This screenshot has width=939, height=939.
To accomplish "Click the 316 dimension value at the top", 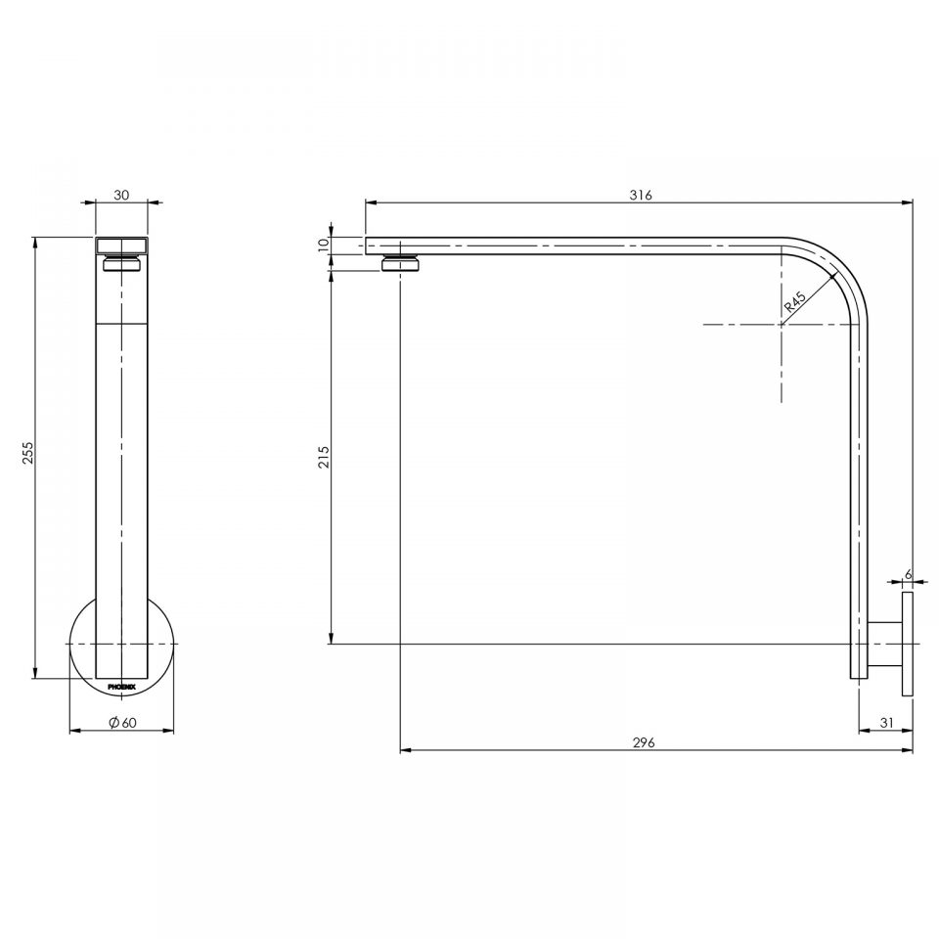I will [x=640, y=195].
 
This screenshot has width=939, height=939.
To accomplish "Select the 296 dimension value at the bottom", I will [x=643, y=742].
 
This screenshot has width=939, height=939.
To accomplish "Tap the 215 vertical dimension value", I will [x=324, y=456].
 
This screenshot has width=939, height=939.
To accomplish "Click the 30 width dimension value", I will [x=122, y=194].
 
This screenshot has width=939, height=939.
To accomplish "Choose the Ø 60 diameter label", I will [x=122, y=722].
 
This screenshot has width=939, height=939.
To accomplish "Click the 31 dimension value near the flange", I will [x=886, y=723].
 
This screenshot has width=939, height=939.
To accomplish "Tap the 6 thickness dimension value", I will [x=909, y=574].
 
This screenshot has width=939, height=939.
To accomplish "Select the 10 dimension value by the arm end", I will [x=324, y=246].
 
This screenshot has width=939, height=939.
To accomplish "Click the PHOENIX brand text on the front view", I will [x=122, y=687].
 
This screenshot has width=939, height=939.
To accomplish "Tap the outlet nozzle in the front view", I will [x=122, y=262].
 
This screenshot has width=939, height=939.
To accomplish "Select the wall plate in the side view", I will [x=908, y=644].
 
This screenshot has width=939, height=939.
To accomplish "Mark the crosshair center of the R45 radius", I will [x=782, y=324].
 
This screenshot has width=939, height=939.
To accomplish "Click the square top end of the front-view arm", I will [x=122, y=245].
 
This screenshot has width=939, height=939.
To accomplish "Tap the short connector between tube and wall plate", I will [x=884, y=644].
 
